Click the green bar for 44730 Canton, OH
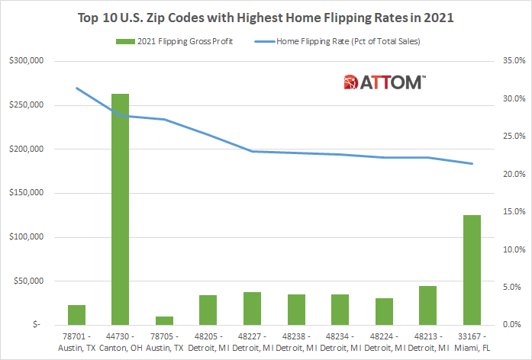pyautogui.click(x=120, y=209)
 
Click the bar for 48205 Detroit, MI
pyautogui.click(x=208, y=309)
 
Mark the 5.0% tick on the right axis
pyautogui.click(x=508, y=287)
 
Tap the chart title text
pyautogui.click(x=266, y=16)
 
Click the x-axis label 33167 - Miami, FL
pyautogui.click(x=472, y=342)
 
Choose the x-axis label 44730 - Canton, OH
pyautogui.click(x=120, y=342)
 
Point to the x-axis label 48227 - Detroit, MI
pyautogui.click(x=252, y=342)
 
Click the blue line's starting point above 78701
pyautogui.click(x=76, y=88)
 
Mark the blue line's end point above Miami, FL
pyautogui.click(x=472, y=163)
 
